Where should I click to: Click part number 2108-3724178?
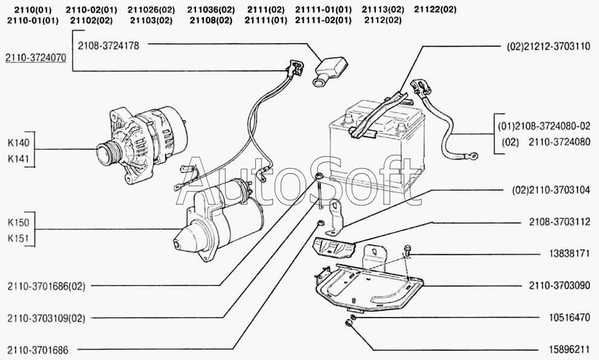[x=109, y=45]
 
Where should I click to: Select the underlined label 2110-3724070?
[x=36, y=57]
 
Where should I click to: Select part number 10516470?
[x=567, y=317]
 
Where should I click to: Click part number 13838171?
[x=567, y=254]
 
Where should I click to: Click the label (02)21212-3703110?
[x=548, y=45]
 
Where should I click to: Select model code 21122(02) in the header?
[x=436, y=9]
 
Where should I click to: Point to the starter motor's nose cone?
[x=184, y=241]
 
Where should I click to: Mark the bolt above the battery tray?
[x=407, y=249]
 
